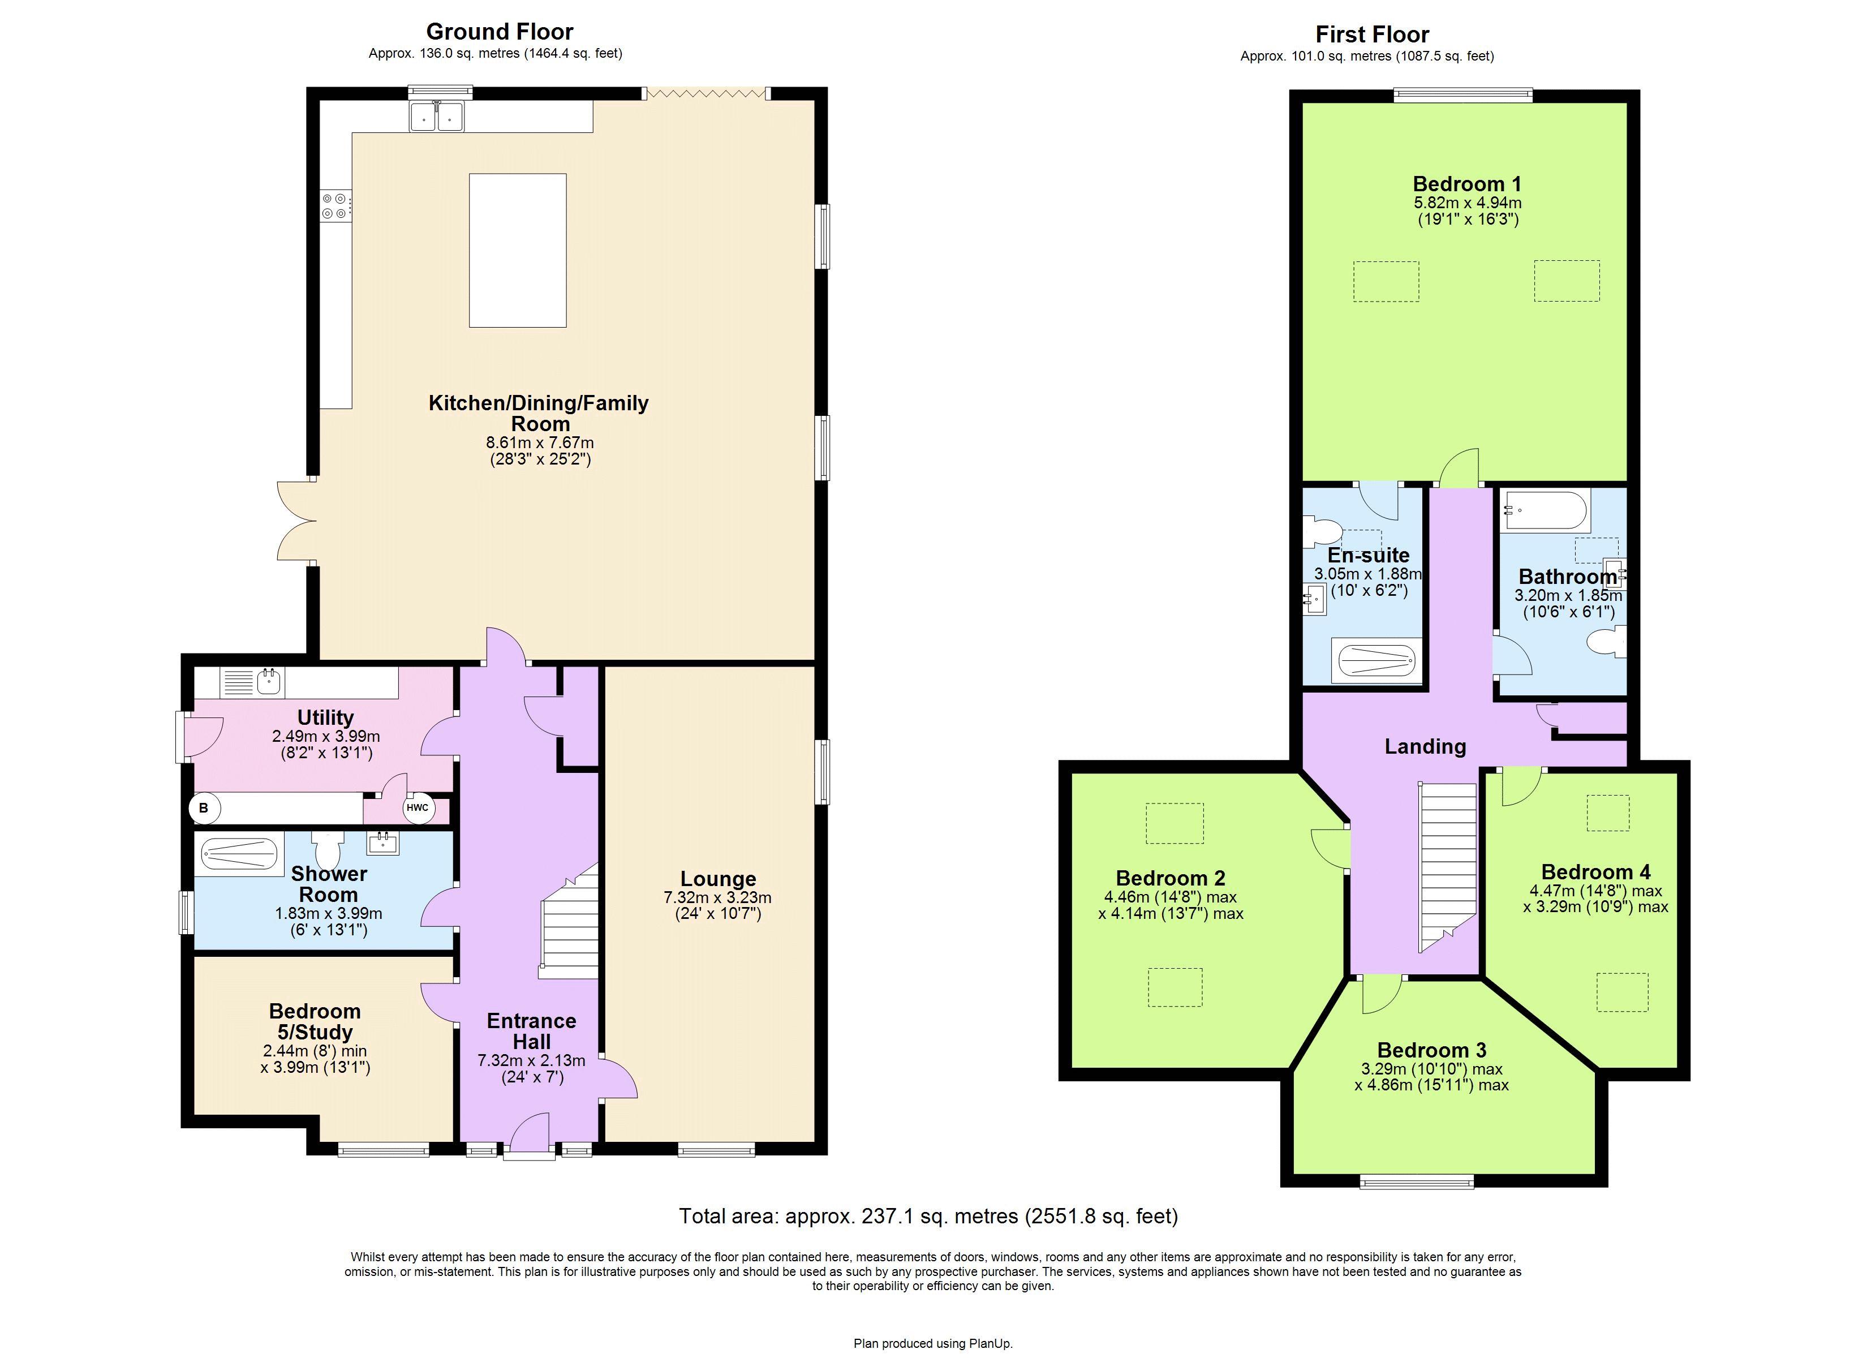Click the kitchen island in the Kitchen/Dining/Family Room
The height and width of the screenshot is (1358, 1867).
point(517,250)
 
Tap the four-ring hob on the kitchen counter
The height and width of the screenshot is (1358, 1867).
point(335,206)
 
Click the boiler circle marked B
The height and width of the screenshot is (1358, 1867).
point(203,808)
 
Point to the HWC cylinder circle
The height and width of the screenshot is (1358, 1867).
point(418,808)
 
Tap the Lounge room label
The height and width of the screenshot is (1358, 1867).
point(718,879)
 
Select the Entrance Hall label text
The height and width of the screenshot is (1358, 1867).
point(531,1031)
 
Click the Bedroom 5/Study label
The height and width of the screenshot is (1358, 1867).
point(315,1021)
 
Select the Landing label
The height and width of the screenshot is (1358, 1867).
point(1425,746)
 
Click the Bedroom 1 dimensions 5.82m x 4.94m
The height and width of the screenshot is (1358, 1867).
point(1467,203)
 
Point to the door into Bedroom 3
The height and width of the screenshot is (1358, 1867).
point(1383,994)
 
